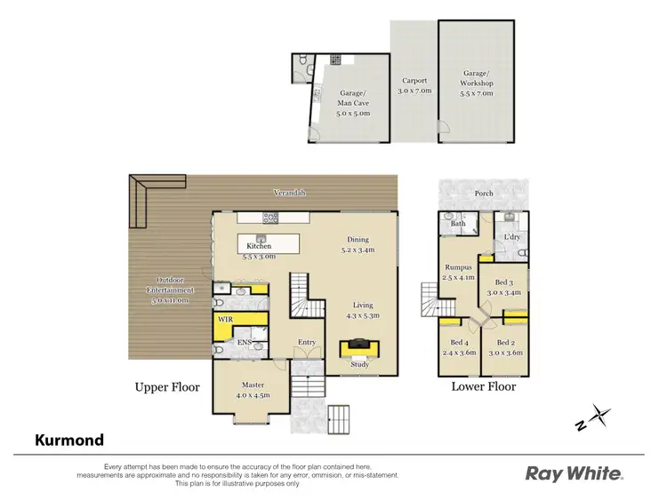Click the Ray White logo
575,473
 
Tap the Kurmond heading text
69,440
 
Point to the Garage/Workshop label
477,84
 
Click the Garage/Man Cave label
354,102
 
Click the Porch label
484,193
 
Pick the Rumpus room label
457,272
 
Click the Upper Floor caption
167,387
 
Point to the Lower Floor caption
483,386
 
